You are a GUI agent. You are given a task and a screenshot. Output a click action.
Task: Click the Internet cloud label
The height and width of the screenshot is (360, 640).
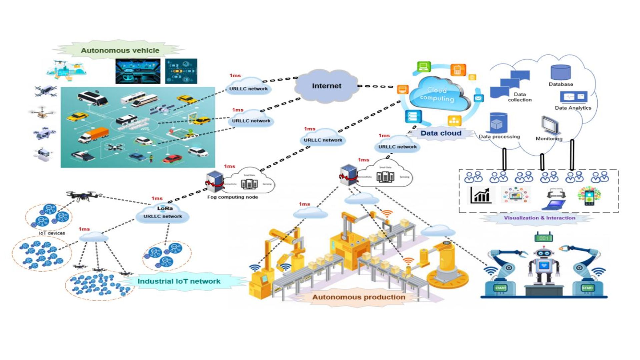(326, 86)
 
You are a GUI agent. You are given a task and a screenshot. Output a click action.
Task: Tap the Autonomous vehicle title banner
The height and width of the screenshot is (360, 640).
(120, 51)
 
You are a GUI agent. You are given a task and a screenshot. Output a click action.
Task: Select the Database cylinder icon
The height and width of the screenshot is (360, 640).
(560, 73)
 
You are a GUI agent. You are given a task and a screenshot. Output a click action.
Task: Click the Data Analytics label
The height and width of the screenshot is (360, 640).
(573, 108)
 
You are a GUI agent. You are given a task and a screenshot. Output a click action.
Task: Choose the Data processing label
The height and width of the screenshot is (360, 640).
(499, 137)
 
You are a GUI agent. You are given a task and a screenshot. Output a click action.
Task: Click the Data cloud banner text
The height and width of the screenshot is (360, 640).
(441, 133)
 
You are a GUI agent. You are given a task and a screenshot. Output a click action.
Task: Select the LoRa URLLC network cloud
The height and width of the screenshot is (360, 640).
(163, 213)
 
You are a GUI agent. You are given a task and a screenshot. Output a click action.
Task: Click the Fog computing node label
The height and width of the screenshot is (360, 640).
(232, 197)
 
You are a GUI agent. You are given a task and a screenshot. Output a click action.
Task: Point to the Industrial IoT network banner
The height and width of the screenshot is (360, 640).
(179, 281)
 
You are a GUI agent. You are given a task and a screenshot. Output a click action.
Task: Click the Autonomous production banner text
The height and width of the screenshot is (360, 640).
(359, 297)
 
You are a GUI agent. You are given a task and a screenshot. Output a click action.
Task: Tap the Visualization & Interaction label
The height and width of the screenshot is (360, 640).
(539, 218)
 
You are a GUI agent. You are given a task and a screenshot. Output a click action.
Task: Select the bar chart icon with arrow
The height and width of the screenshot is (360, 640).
(480, 195)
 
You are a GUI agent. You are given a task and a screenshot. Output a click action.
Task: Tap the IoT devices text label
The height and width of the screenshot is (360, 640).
(52, 233)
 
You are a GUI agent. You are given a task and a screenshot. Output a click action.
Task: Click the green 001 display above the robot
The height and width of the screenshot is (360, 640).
(544, 238)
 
